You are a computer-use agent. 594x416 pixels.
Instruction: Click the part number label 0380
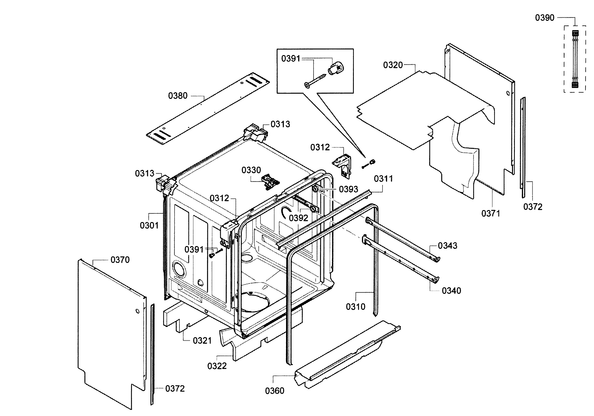(177, 96)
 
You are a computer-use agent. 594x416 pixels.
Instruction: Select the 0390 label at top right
(545, 18)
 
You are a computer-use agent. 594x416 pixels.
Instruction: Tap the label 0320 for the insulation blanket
(393, 65)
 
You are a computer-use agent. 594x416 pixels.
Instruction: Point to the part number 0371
(490, 213)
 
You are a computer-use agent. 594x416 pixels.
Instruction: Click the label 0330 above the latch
(251, 170)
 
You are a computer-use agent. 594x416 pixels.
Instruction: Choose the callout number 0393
(348, 189)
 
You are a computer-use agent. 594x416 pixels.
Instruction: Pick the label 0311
(384, 179)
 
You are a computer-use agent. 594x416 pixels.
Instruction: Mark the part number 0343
(447, 245)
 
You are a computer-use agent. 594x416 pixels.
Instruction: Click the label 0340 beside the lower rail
(451, 291)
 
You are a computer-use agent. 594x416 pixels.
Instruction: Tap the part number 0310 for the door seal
(356, 307)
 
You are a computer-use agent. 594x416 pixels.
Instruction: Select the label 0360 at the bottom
(274, 391)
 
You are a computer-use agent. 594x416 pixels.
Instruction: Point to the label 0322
(217, 366)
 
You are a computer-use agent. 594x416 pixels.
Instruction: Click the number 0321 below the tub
(202, 341)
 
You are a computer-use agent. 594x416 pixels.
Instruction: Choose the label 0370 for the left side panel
(120, 260)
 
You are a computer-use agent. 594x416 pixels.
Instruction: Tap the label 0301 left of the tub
(149, 226)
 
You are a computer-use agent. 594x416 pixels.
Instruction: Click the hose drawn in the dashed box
(575, 59)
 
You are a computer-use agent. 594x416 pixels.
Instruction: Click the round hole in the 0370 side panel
(137, 311)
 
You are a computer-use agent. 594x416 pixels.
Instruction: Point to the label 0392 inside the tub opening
(298, 218)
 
